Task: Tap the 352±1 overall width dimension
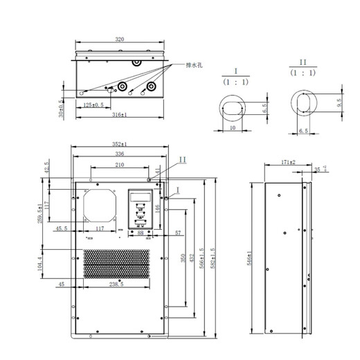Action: coord(118,144)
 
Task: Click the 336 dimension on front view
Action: coord(119,154)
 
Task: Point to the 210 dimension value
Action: coord(119,165)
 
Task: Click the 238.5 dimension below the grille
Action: coord(116,285)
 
